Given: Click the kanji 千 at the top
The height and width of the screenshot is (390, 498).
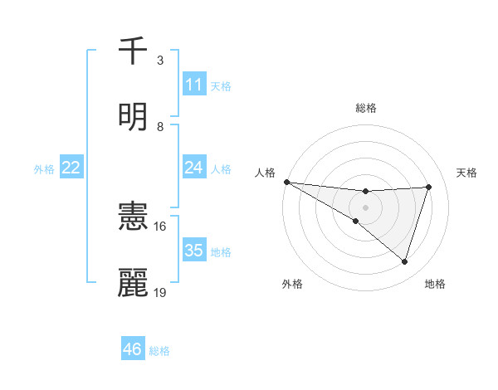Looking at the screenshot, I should pos(133,51).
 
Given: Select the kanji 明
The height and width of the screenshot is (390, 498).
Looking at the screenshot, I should pos(133,116).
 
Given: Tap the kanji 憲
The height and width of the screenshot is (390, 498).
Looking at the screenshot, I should pos(133,218).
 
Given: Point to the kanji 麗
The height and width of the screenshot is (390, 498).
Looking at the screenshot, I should pos(133,282).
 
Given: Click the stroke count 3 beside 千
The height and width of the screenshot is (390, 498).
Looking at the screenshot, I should pos(160,61).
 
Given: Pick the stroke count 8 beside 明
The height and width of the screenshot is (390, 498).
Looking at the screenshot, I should pos(160,126).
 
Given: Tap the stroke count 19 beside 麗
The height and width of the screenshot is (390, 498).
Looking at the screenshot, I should pos(160,291).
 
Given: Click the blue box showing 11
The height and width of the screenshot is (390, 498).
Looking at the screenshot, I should pos(193,85).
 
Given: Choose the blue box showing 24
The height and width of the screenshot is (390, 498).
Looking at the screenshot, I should pos(193,168).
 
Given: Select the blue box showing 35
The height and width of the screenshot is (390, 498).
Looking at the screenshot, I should pos(193,251).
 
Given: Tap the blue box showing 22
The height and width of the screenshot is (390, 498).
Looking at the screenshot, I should pos(71,168).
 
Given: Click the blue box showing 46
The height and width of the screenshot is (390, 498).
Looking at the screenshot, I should pos(132,349).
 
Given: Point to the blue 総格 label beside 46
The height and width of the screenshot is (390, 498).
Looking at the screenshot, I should pos(159,351).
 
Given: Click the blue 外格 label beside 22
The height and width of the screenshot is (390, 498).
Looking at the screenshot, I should pos(44,169).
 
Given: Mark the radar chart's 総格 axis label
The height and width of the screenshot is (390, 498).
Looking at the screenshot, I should pos(365,108).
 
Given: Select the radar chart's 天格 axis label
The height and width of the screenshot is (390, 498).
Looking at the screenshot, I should pos(467,173).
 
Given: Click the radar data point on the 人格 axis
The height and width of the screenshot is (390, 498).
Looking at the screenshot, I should pos(286,182).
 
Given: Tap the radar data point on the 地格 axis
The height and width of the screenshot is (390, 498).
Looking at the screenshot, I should pos(405,262).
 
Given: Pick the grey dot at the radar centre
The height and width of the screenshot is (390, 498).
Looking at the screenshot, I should pos(365,207).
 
